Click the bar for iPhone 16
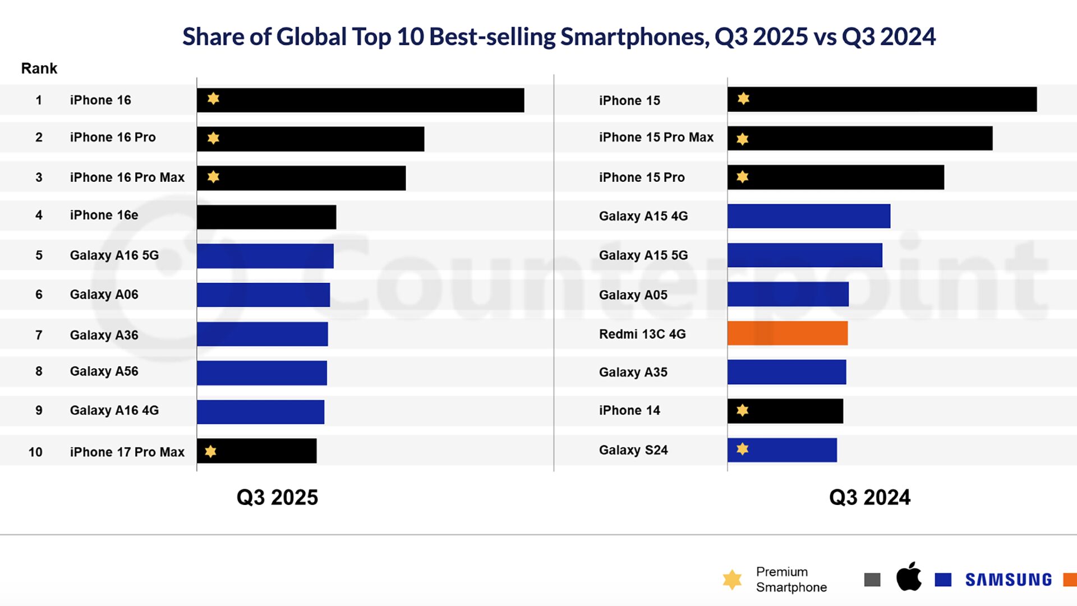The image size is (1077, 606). [x=360, y=100]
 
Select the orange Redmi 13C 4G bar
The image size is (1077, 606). [x=787, y=333]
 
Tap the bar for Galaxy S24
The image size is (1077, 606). [x=782, y=450]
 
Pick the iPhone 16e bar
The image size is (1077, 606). [x=266, y=217]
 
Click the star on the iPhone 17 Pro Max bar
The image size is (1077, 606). [x=210, y=451]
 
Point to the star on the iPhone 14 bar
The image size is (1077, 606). [x=742, y=410]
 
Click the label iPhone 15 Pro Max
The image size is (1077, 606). [x=656, y=137]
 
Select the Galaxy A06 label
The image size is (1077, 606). [x=104, y=295]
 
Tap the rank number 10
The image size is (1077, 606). [x=35, y=452]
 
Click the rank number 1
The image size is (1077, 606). [x=39, y=100]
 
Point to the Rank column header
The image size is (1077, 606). [x=39, y=68]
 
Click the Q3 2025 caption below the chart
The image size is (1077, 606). [x=277, y=498]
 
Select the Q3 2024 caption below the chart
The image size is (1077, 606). [x=869, y=498]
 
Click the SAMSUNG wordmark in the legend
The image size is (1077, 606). [x=1009, y=580]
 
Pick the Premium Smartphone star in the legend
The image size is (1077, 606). [x=732, y=580]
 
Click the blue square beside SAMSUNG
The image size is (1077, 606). [x=943, y=580]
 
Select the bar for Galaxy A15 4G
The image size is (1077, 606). [x=808, y=216]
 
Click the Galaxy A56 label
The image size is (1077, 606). [x=104, y=371]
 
